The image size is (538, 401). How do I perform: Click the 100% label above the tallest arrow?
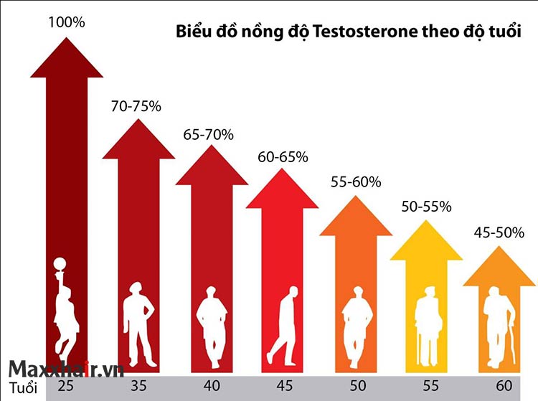point(66,22)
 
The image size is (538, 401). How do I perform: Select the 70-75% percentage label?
point(136,106)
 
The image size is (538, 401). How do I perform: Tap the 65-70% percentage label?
point(209,133)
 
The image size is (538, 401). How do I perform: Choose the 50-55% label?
point(426,207)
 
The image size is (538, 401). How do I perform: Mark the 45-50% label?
point(499,232)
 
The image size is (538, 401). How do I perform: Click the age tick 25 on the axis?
point(66,387)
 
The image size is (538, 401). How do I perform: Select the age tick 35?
point(139,387)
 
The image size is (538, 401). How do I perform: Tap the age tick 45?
point(284,387)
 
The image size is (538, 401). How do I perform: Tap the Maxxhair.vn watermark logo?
point(66,369)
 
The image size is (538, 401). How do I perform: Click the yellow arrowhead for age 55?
point(426,240)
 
